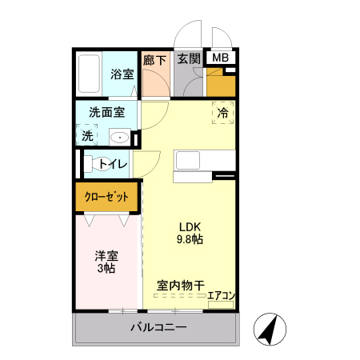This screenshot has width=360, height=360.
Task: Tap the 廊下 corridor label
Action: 154,58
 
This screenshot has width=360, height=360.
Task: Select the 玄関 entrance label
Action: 189,58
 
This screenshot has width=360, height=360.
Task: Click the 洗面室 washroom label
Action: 106,113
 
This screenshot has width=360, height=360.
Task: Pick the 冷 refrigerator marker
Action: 223,114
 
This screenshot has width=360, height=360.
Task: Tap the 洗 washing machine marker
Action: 87,136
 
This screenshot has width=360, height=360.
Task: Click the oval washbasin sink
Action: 118,138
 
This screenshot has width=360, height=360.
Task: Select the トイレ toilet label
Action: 113,165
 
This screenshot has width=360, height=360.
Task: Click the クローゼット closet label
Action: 107,196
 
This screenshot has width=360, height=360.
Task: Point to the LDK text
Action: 189,225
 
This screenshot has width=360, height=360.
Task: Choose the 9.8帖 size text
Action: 189,238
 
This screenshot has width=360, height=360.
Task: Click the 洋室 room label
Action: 106,256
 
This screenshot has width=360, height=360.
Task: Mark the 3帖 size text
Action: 106,270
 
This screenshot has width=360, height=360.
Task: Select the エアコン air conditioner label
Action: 221,296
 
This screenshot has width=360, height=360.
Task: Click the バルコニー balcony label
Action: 158,328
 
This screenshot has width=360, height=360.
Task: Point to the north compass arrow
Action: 270,328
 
